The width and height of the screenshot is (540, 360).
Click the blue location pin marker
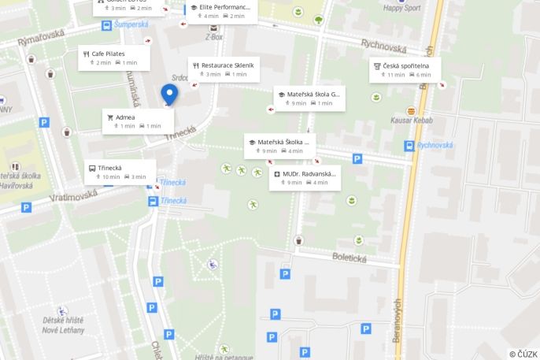pyautogui.click(x=169, y=94)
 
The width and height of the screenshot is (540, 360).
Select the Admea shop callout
pyautogui.click(x=137, y=121)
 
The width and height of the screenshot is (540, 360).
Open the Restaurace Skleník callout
pyautogui.click(x=224, y=69)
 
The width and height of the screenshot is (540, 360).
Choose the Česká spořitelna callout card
pyautogui.click(x=405, y=69)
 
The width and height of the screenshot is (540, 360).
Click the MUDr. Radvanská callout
pyautogui.click(x=305, y=177)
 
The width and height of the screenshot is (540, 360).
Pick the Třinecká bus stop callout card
pyautogui.click(x=120, y=172)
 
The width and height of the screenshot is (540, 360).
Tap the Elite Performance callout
pyautogui.click(x=221, y=11)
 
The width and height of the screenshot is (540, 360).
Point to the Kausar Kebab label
pyautogui.click(x=412, y=120)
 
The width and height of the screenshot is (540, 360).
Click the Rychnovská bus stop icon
pyautogui.click(x=409, y=146)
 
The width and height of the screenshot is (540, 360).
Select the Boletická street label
pyautogui.click(x=350, y=256)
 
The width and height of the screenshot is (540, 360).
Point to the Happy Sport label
pyautogui.click(x=402, y=9)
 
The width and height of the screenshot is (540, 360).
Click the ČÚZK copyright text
pyautogui.click(x=523, y=354)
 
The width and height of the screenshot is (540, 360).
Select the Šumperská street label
pyautogui.click(x=131, y=24)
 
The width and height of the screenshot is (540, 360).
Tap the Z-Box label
pyautogui.click(x=213, y=36)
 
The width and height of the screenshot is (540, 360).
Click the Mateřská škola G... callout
pyautogui.click(x=309, y=98)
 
